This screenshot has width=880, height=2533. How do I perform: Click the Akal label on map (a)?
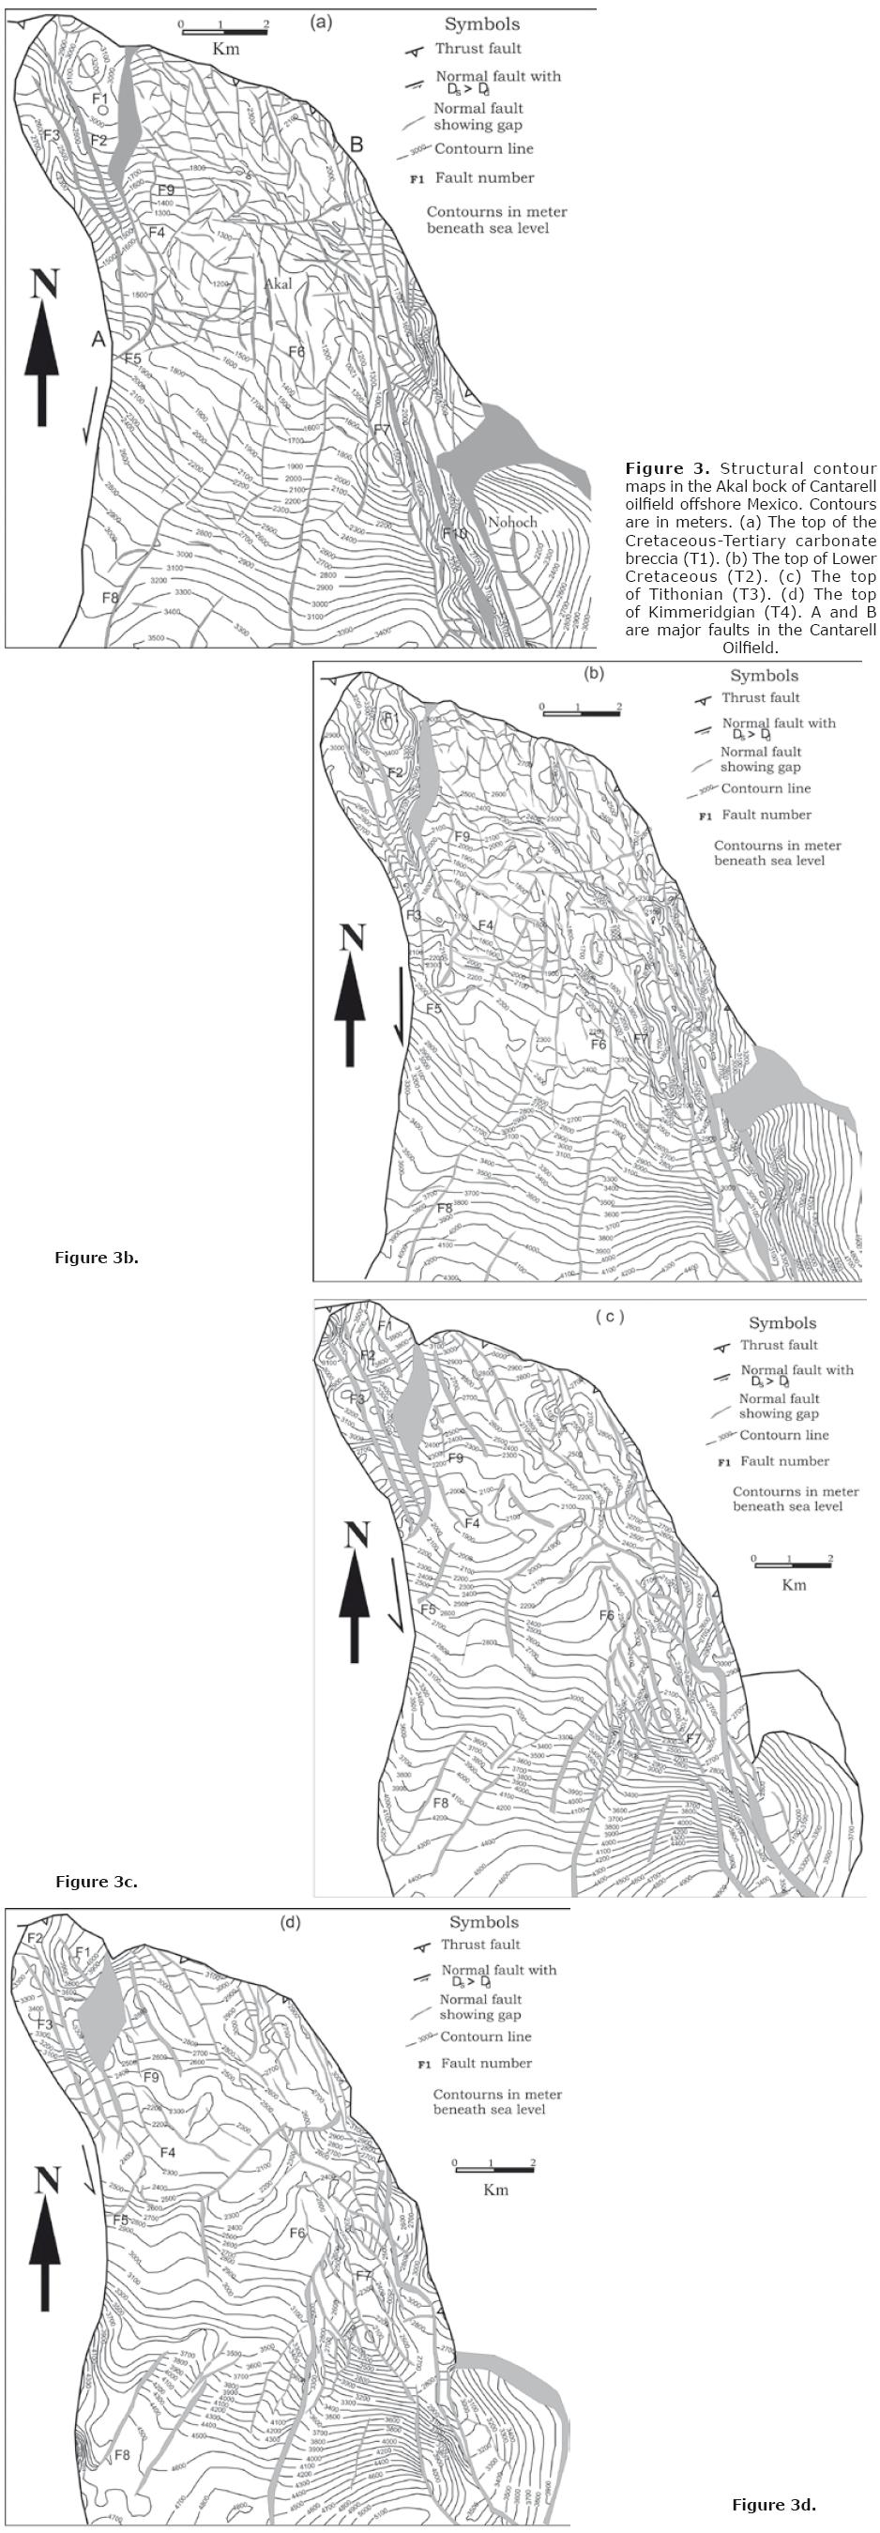pyautogui.click(x=279, y=284)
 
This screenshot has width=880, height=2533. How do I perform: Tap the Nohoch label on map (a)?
pyautogui.click(x=512, y=522)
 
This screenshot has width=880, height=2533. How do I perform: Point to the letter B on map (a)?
pyautogui.click(x=356, y=145)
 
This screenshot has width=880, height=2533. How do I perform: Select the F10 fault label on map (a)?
pyautogui.click(x=454, y=533)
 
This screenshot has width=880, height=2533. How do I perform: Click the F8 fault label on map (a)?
pyautogui.click(x=110, y=597)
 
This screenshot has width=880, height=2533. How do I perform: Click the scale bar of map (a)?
pyautogui.click(x=224, y=33)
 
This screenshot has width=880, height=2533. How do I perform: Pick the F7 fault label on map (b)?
pyautogui.click(x=641, y=1038)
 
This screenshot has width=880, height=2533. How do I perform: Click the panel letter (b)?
pyautogui.click(x=594, y=674)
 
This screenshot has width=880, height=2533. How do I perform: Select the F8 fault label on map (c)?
pyautogui.click(x=441, y=1803)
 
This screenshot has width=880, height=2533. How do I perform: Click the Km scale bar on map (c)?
pyautogui.click(x=792, y=1563)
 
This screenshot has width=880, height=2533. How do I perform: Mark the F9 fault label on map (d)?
pyautogui.click(x=150, y=2077)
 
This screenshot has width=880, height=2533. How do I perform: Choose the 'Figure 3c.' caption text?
pyautogui.click(x=97, y=1881)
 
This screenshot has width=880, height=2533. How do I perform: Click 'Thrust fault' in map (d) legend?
pyautogui.click(x=479, y=1943)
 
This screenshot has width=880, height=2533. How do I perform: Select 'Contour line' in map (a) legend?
pyautogui.click(x=484, y=148)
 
